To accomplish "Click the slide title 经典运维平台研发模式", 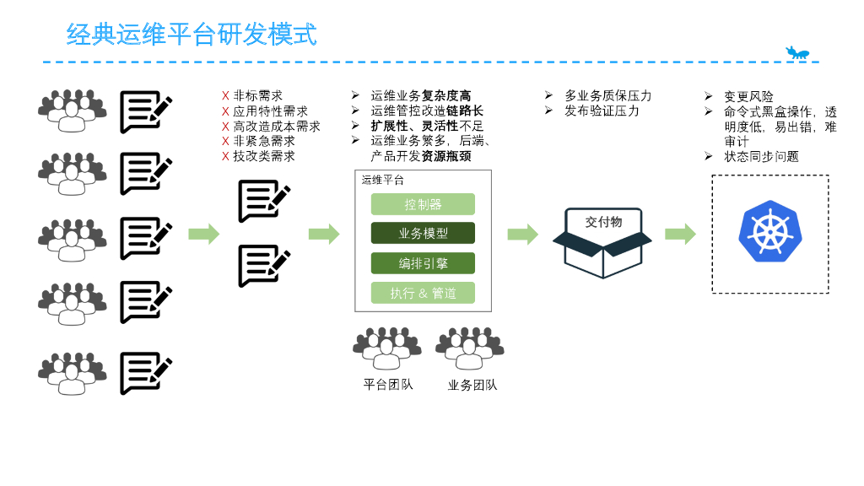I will click(x=192, y=35).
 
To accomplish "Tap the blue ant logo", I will click(x=797, y=53).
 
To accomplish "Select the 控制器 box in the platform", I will click(x=423, y=204).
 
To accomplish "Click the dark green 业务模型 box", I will click(x=423, y=234).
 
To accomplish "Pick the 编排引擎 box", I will click(x=423, y=263).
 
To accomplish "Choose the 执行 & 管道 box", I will click(x=423, y=293).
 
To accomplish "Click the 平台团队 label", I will click(x=388, y=385).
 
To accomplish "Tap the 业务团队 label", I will click(x=472, y=385).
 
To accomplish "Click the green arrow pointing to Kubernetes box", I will click(x=680, y=234).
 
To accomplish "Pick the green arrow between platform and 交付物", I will click(x=522, y=234).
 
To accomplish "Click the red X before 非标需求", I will click(x=225, y=96).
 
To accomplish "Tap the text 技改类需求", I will click(x=264, y=156).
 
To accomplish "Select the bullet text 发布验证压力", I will click(x=602, y=111).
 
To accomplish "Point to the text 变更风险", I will click(x=748, y=96).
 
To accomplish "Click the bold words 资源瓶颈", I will click(x=446, y=156).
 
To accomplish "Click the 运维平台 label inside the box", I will click(x=382, y=180).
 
